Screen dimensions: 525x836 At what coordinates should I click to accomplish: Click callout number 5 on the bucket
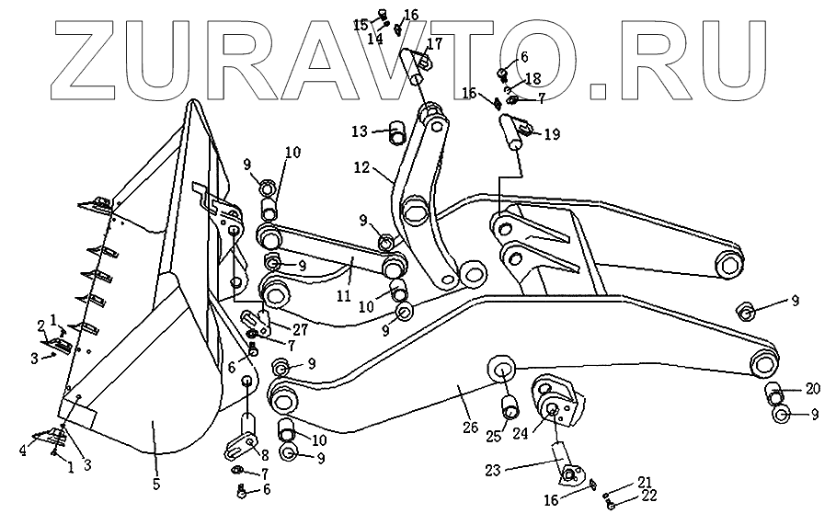point(156,484)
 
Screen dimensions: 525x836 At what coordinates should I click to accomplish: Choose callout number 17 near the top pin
point(433,43)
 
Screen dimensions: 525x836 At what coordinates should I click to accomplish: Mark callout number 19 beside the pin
point(551,134)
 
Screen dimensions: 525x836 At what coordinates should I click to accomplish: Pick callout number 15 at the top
point(360,23)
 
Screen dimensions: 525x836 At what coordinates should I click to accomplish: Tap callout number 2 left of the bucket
point(41,325)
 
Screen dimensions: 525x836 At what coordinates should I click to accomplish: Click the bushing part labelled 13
point(397,132)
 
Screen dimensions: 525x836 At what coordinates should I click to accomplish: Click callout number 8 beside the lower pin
point(266,453)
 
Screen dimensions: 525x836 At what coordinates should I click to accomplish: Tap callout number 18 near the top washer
point(533,80)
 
